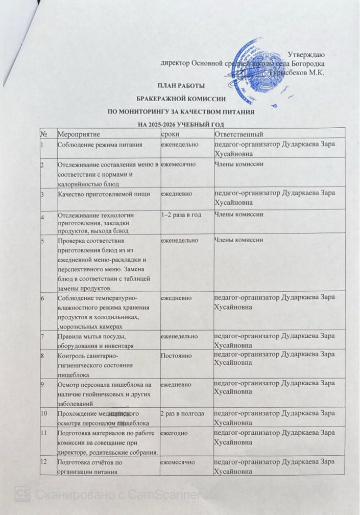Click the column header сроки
click(170, 134)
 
